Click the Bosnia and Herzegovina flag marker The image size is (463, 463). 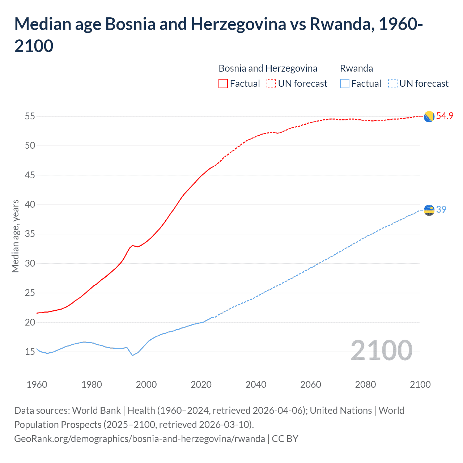(x=429, y=116)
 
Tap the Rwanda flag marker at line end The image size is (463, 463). (x=429, y=210)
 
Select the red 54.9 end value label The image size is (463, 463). (x=445, y=116)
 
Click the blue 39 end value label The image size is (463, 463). (x=441, y=209)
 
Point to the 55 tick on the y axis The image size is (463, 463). (x=30, y=116)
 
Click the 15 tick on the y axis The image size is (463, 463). (x=30, y=352)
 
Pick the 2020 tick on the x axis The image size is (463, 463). (x=201, y=385)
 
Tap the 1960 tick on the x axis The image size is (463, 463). (x=37, y=385)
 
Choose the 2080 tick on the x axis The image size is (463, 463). (x=365, y=385)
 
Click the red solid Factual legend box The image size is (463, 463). (x=223, y=84)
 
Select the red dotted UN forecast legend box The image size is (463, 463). (x=271, y=84)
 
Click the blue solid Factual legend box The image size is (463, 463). (x=345, y=84)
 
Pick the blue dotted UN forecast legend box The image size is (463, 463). (x=392, y=84)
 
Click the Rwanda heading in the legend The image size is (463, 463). (x=356, y=68)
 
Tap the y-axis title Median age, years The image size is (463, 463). (x=15, y=236)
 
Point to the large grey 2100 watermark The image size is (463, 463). (x=381, y=351)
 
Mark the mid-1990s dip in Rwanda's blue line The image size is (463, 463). (x=132, y=355)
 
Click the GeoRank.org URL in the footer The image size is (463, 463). (x=139, y=439)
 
